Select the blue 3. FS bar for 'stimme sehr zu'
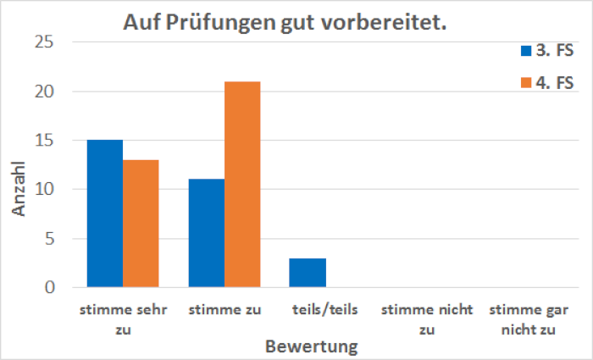[x=105, y=213]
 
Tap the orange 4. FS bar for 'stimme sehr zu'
[x=141, y=224]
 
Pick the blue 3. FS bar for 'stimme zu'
[x=207, y=233]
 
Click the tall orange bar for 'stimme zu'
[x=242, y=185]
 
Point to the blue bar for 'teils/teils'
[x=308, y=273]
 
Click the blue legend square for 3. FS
[x=525, y=52]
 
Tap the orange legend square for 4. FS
[x=525, y=82]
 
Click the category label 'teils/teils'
[x=324, y=310]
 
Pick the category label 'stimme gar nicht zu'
[x=527, y=319]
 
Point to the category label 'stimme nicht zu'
[x=425, y=319]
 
